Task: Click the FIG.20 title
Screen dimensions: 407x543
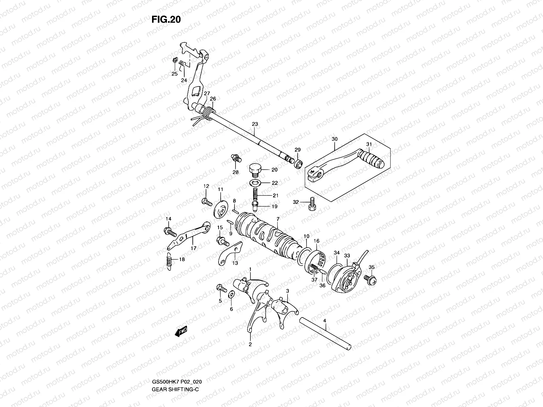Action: (x=166, y=20)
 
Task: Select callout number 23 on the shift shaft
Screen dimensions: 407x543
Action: (x=255, y=124)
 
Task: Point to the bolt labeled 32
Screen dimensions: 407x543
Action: (x=312, y=204)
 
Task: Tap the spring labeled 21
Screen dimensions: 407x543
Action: (x=255, y=195)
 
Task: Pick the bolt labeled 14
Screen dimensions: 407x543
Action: (x=170, y=232)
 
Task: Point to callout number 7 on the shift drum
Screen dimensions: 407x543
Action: (x=278, y=219)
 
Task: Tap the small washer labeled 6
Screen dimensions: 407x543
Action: (x=231, y=293)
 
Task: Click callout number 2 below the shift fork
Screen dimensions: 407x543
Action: (x=250, y=344)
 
